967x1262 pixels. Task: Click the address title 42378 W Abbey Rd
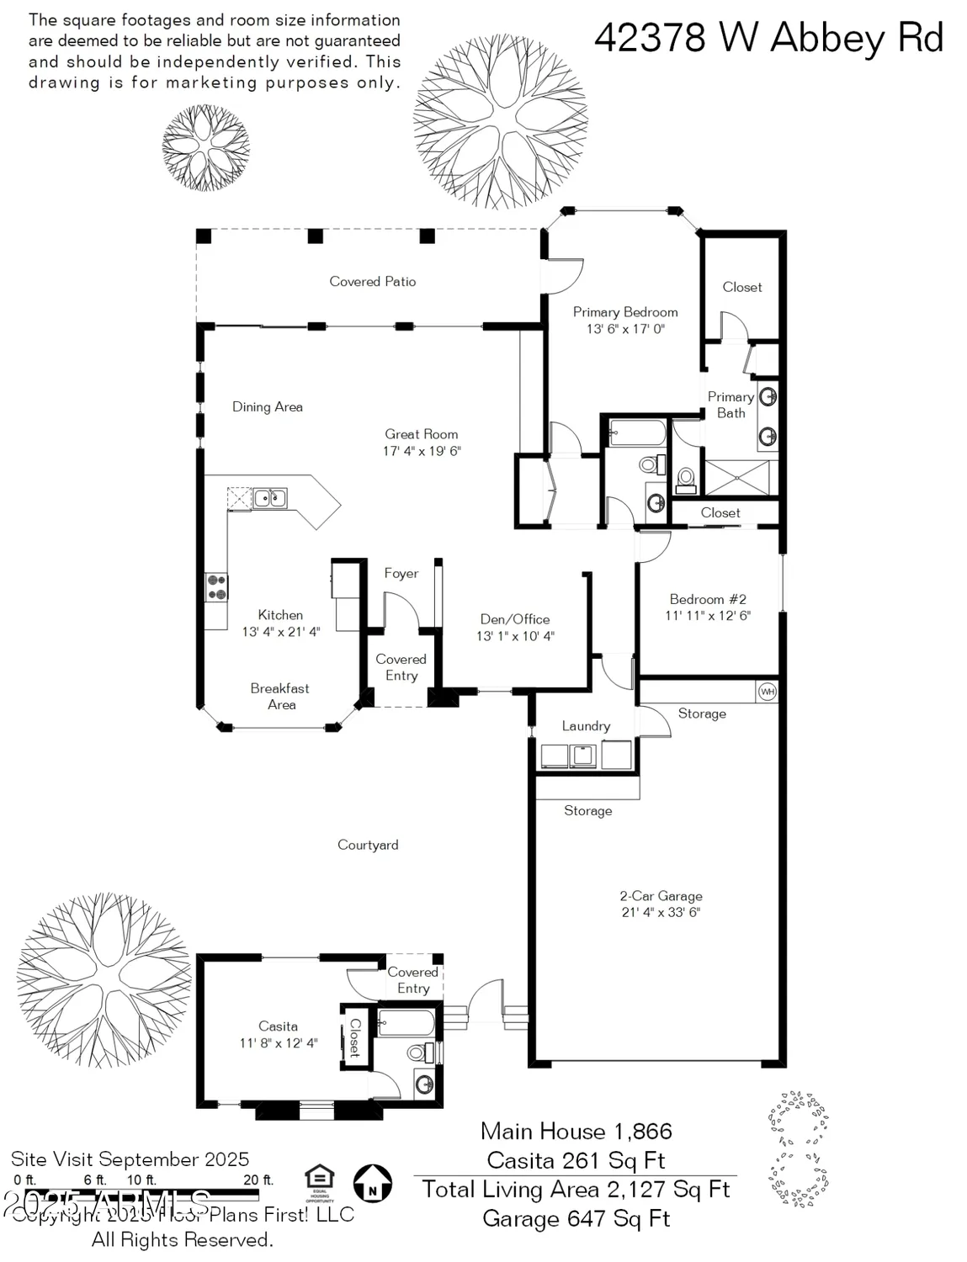point(768,38)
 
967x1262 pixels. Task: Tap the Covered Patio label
point(372,282)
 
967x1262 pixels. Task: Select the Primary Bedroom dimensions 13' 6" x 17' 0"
point(625,329)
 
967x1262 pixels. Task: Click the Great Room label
point(421,434)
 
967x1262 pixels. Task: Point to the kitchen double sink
point(270,498)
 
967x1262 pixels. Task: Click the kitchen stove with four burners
point(217,586)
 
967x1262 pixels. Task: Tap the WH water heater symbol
point(767,692)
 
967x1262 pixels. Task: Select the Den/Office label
point(514,619)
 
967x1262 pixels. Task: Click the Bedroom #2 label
point(707,599)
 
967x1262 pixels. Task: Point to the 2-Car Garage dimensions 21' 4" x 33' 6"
point(661,912)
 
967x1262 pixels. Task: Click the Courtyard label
point(368,845)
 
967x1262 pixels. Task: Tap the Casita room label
point(278,1026)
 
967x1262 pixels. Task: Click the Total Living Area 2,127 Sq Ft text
point(576,1190)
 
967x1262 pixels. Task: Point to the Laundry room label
point(586,726)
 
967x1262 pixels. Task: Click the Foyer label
point(401,574)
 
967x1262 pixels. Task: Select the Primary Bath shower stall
point(737,478)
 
